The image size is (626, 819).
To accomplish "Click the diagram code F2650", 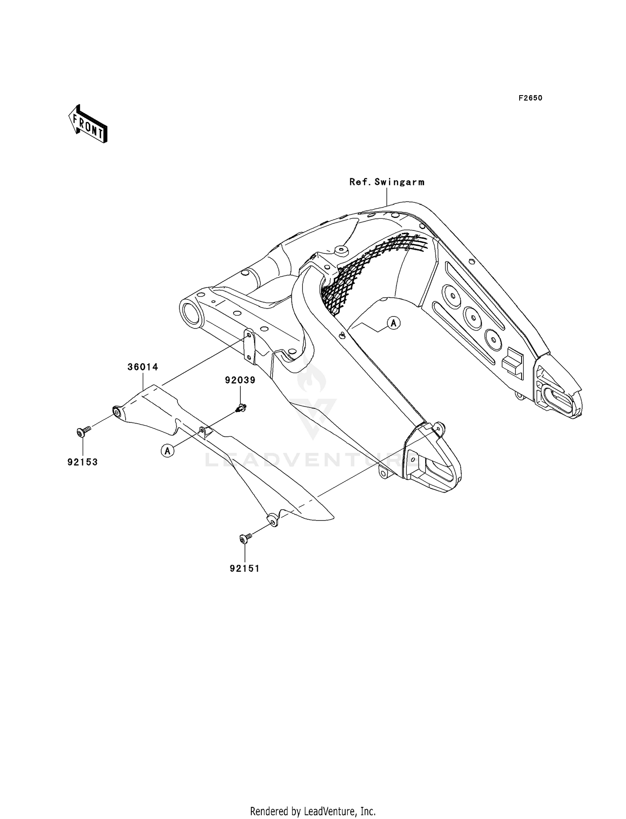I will tap(530, 98).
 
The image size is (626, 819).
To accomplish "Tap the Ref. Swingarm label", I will tap(387, 182).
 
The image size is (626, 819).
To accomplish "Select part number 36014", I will tap(143, 367).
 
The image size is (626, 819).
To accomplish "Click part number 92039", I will tap(240, 380).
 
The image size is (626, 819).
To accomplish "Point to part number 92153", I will tap(83, 462).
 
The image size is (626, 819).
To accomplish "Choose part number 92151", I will tap(245, 568).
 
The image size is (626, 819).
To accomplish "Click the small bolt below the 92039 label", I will tap(241, 407).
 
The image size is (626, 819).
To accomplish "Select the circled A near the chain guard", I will tap(168, 450).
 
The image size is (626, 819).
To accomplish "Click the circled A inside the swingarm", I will tap(394, 323).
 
